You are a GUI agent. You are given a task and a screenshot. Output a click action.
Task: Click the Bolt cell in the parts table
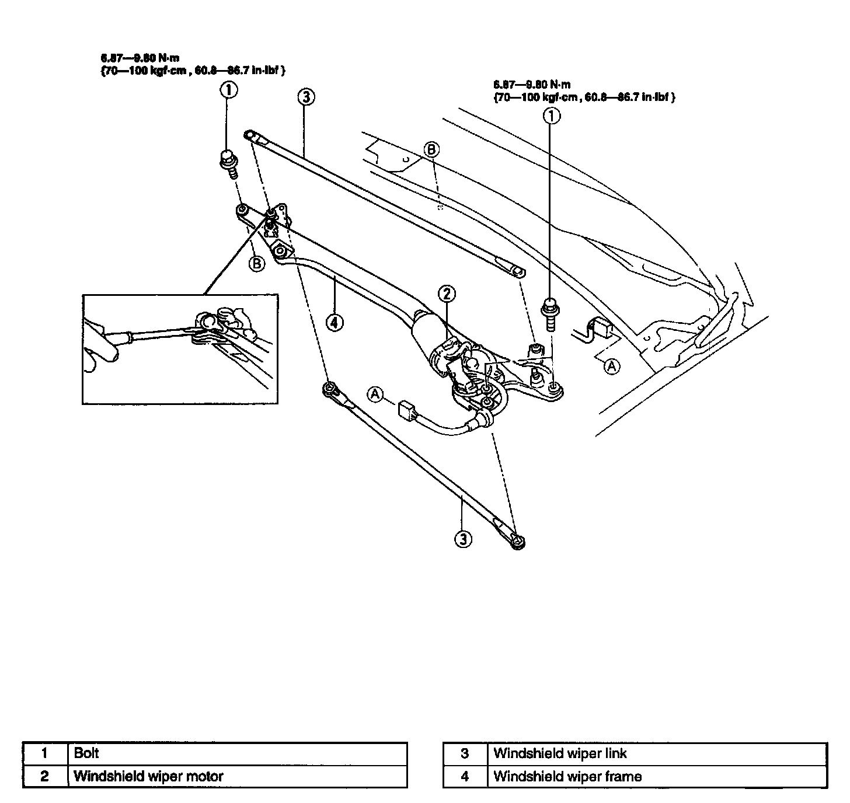(237, 753)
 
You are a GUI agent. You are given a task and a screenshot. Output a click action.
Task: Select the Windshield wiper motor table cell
(237, 776)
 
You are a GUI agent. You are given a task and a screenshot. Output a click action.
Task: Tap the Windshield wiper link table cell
(657, 753)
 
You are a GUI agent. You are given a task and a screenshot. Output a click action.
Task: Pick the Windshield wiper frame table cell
(657, 777)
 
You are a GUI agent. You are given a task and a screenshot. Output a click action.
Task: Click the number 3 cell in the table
(465, 753)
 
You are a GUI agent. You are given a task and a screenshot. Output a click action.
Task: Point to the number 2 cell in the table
(45, 776)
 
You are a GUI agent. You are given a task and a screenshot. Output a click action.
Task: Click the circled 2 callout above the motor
(447, 295)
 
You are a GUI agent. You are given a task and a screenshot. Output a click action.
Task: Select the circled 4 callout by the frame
(334, 322)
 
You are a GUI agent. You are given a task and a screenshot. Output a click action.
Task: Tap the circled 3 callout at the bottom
(463, 538)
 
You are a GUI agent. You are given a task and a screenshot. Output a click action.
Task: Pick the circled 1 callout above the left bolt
(228, 90)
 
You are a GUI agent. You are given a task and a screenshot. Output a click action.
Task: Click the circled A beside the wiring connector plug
(375, 394)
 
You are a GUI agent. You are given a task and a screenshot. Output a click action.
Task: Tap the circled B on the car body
(431, 150)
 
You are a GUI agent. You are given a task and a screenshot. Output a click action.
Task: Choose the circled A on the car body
(611, 366)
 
